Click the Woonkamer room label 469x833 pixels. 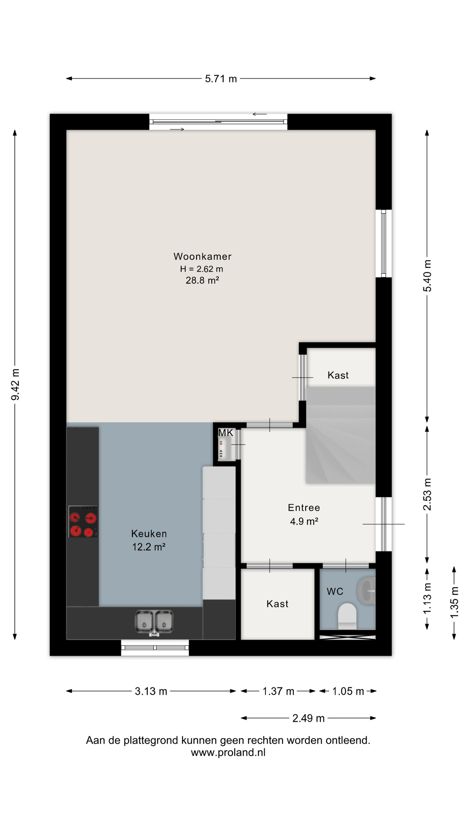[202, 257]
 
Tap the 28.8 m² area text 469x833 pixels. [202, 280]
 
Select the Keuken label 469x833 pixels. [149, 534]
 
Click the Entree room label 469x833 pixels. [304, 508]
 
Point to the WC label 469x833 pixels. [335, 591]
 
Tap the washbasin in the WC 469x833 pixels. [367, 591]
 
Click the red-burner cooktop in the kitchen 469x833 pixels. [83, 521]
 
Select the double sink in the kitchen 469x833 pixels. [154, 622]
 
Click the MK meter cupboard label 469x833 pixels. [226, 433]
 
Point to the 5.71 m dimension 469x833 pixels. [221, 79]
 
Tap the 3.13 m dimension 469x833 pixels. [151, 691]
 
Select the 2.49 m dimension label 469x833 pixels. [308, 718]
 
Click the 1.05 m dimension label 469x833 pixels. [348, 691]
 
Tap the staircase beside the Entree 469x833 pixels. [340, 435]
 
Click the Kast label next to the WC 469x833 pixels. [277, 604]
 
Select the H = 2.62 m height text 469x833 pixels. [201, 269]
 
